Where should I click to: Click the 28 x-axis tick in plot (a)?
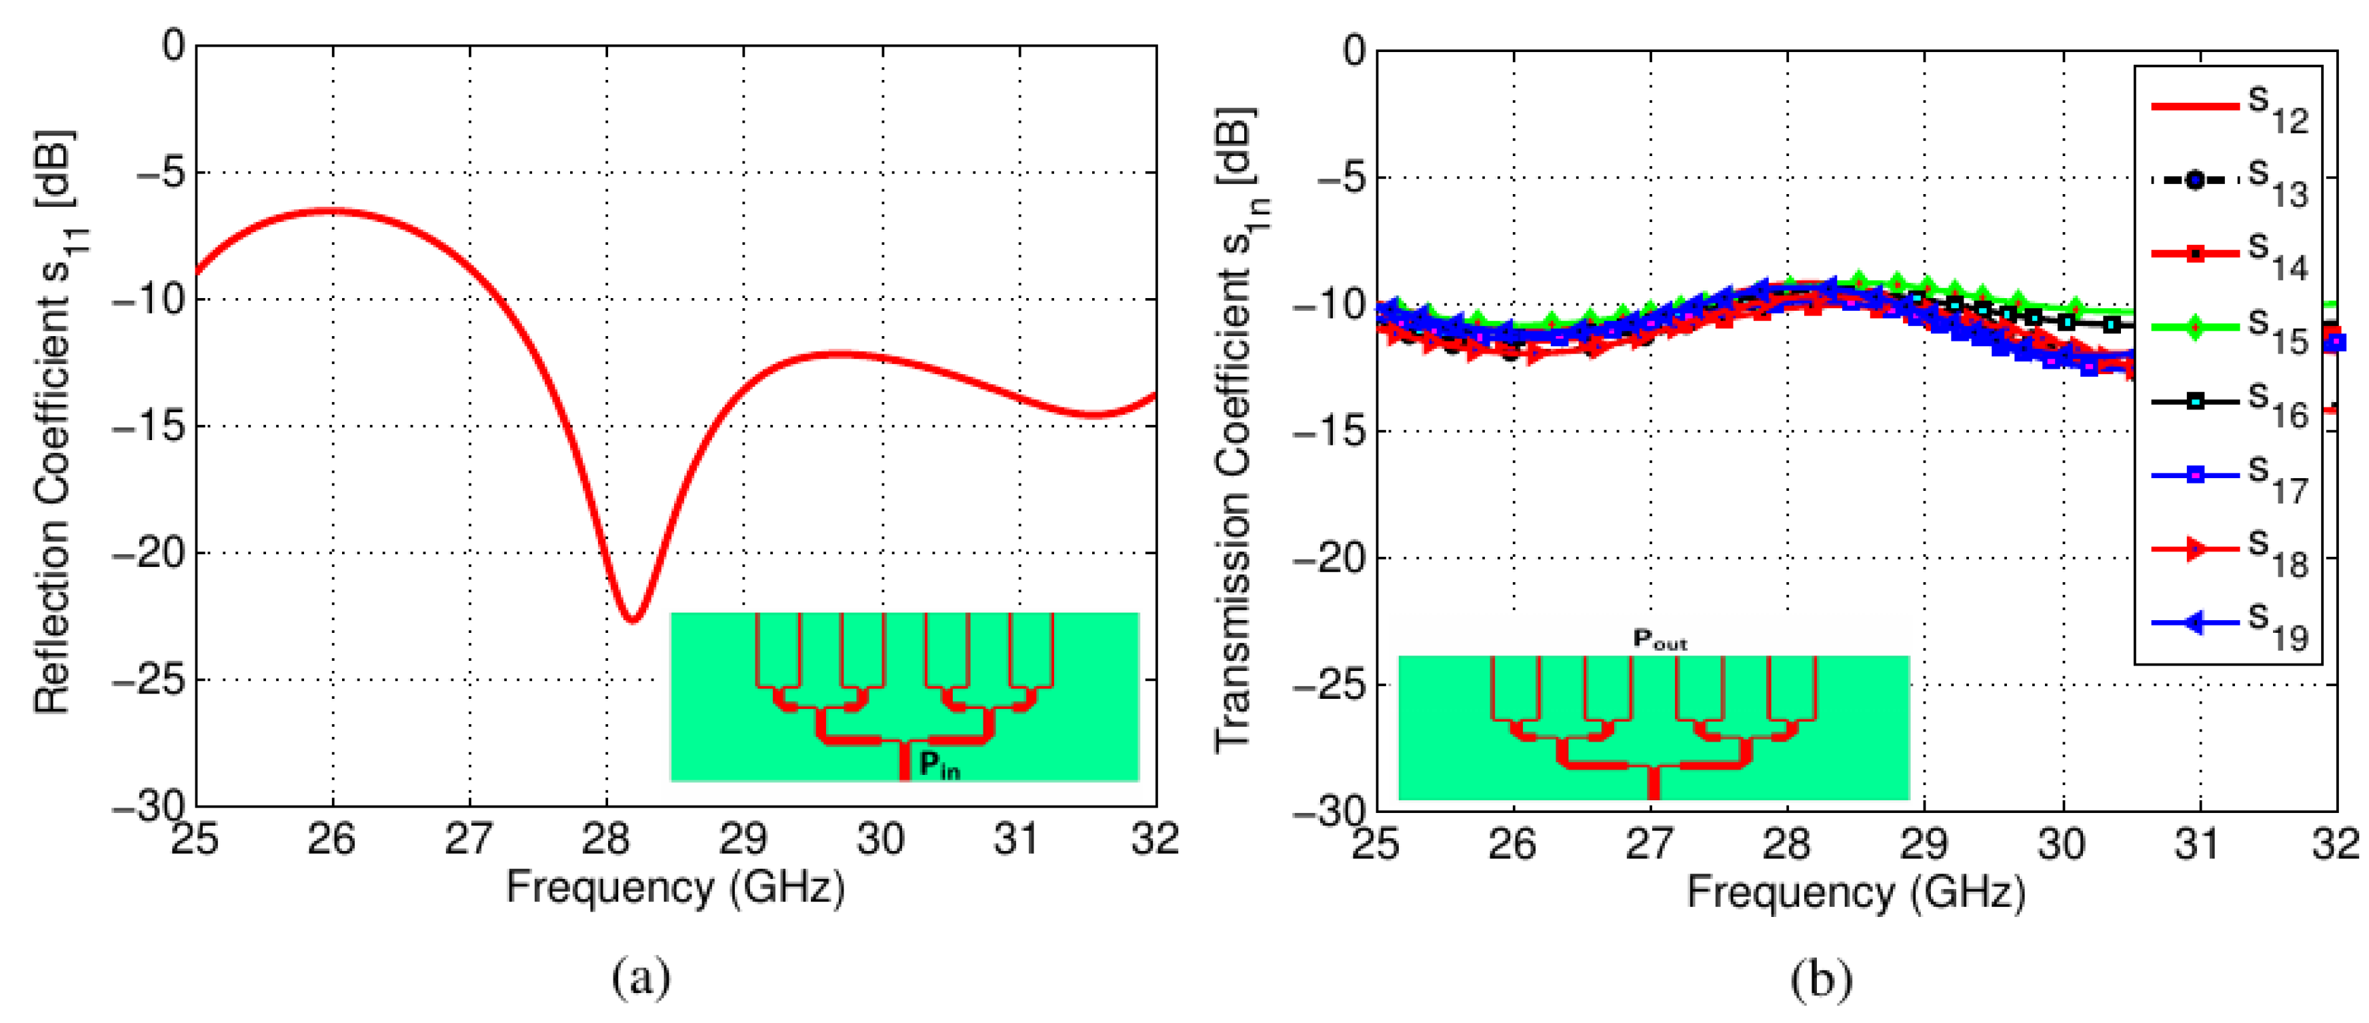[x=605, y=838]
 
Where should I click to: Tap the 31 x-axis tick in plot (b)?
[x=2199, y=844]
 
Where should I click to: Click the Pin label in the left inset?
[x=939, y=764]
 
